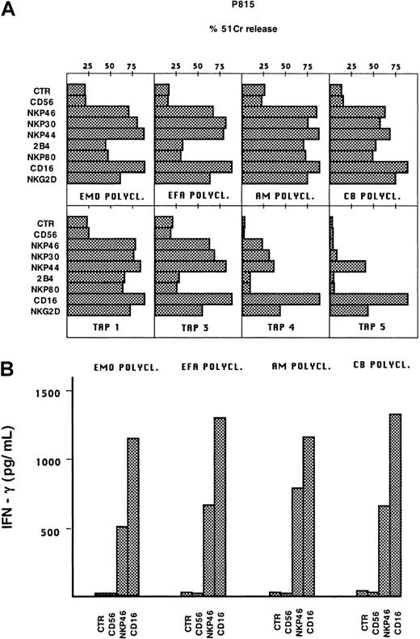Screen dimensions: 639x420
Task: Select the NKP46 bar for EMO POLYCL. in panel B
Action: coord(122,561)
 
